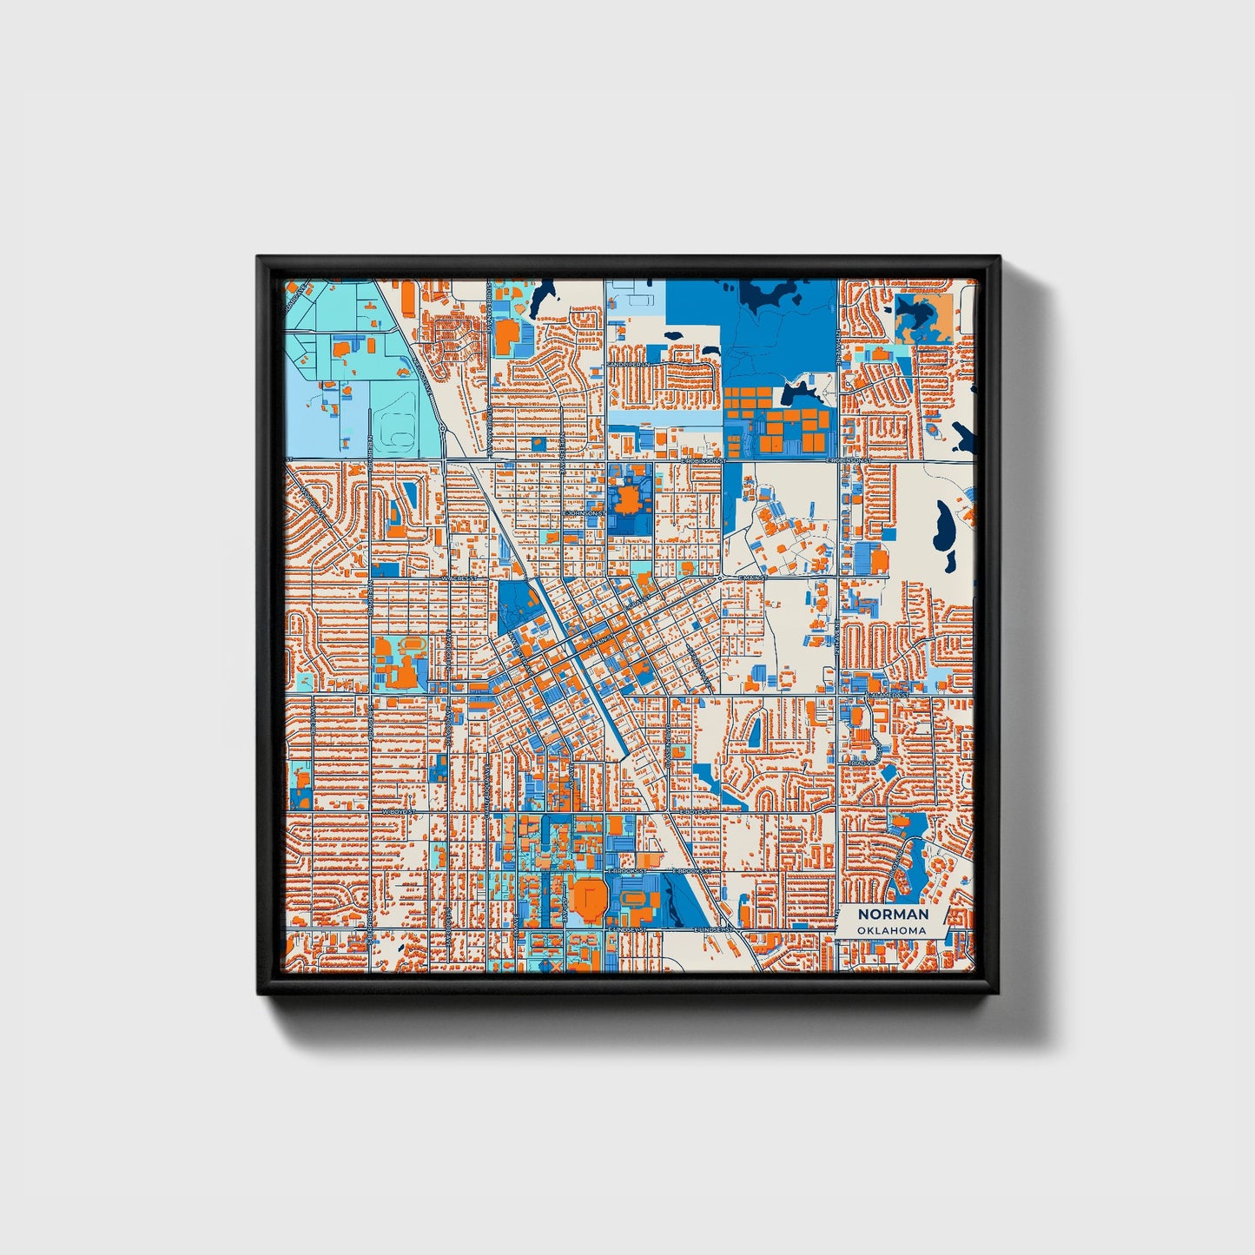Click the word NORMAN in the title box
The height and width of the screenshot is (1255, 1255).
pos(893,914)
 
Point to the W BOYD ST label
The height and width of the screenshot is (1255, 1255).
pos(400,811)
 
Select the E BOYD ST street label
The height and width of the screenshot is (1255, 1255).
pos(695,811)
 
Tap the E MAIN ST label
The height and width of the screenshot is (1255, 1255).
pos(752,577)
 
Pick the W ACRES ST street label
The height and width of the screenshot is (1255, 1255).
pos(459,577)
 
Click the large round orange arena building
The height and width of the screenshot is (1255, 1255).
pos(588,899)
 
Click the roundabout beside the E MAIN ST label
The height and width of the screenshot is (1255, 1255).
pos(721,577)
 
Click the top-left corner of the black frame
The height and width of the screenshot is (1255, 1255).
pos(260,259)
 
